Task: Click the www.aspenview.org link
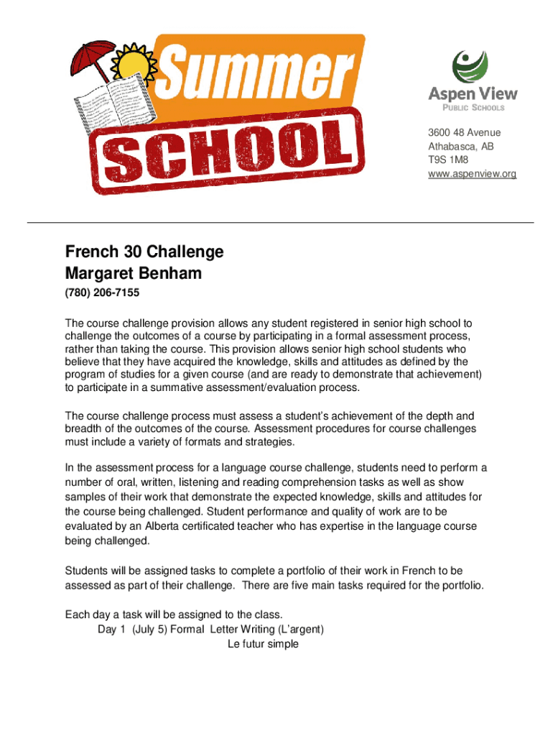472,174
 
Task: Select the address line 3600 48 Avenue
464,132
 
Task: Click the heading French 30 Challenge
144,252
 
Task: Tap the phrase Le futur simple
263,644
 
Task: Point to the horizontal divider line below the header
280,223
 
